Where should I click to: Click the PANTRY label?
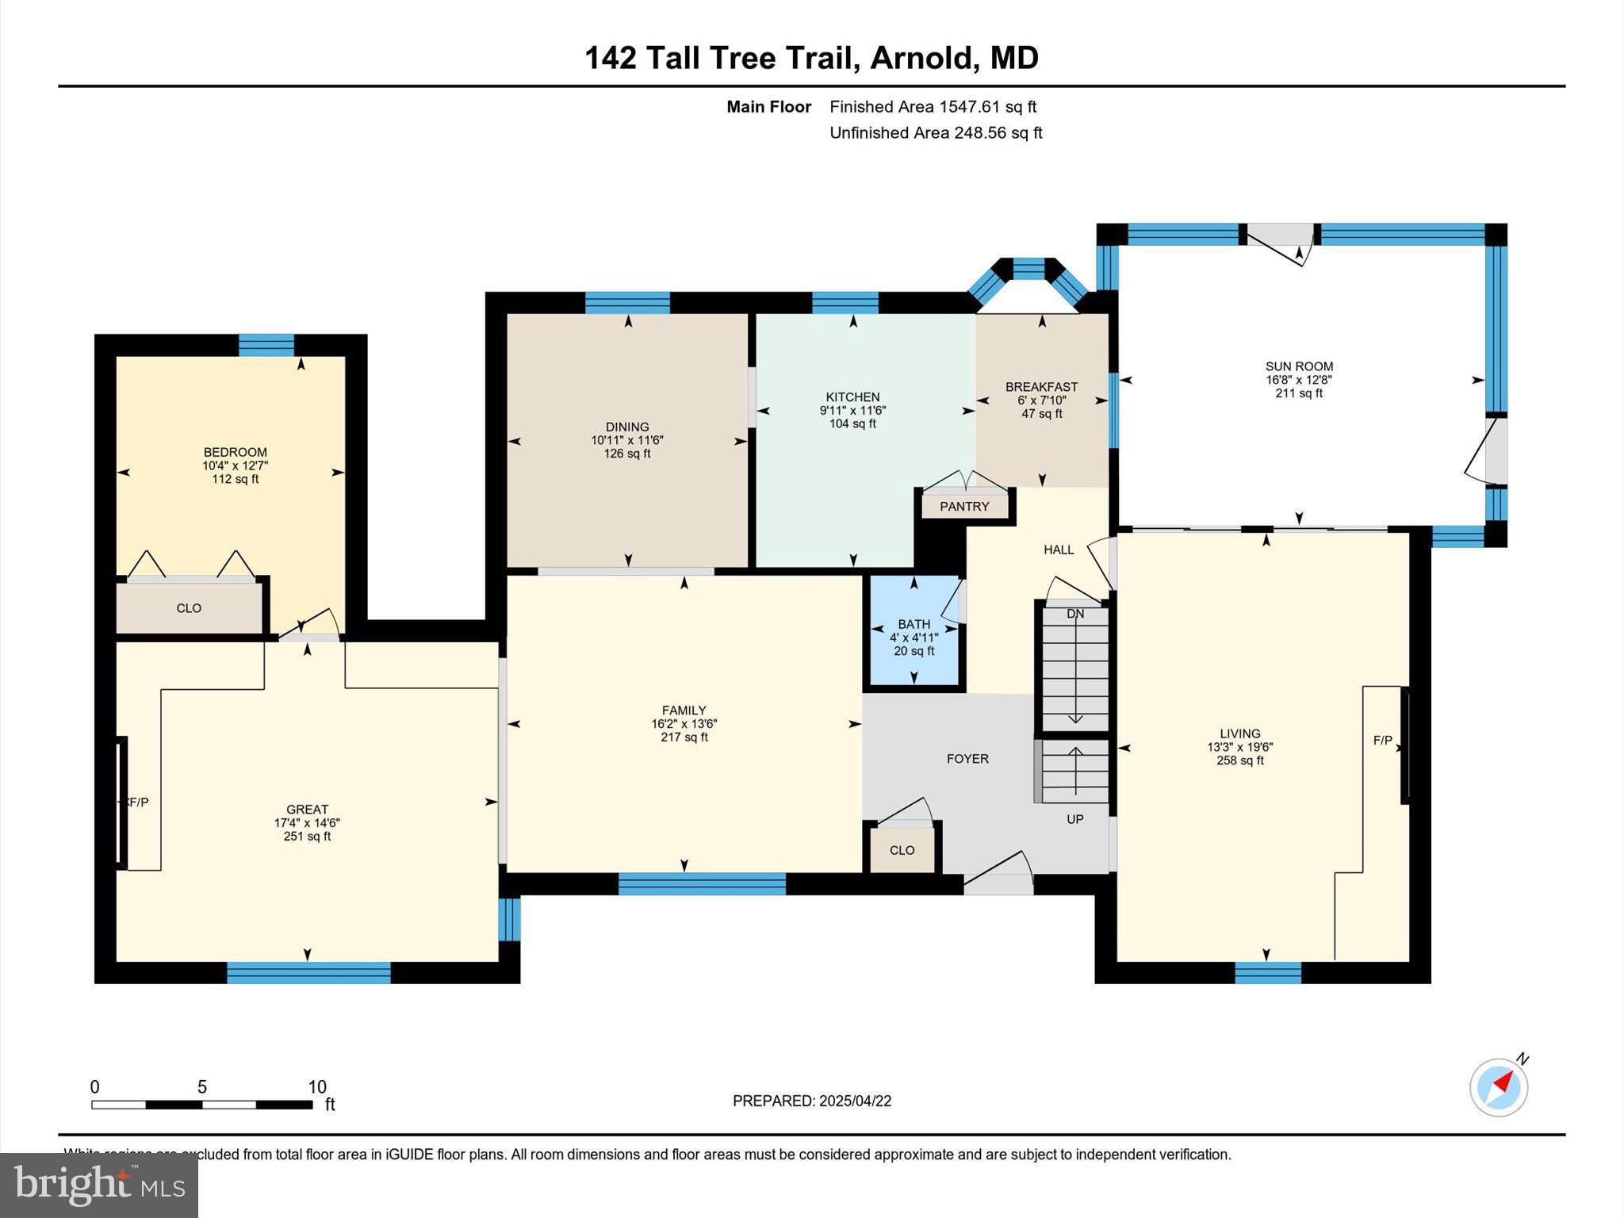964,507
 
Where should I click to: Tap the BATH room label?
913,624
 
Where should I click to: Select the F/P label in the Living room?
1382,740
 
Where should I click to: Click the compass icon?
1498,1087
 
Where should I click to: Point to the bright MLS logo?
98,1185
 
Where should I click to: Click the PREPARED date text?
811,1101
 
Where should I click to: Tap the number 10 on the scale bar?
317,1087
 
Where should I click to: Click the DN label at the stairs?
1074,614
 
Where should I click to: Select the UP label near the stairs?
1074,819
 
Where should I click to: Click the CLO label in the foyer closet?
902,850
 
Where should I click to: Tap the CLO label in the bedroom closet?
189,608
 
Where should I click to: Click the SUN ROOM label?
1299,366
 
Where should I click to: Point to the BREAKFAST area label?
1041,387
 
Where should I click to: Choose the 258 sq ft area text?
1240,760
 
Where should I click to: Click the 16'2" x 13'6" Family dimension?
684,724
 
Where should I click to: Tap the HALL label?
1059,550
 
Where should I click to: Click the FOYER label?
967,759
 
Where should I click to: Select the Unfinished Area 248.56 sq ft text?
936,133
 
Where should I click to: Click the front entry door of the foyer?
998,882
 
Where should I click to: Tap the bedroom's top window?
266,346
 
